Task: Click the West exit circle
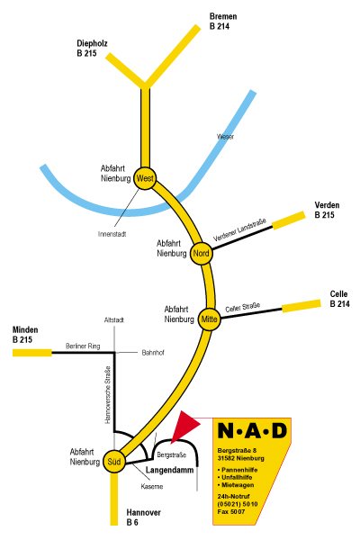(145, 178)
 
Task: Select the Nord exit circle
(201, 254)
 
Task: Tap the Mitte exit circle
(209, 319)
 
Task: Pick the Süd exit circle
(114, 461)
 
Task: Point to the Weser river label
(225, 137)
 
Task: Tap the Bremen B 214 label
(223, 22)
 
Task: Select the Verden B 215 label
(327, 210)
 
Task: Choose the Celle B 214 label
(339, 299)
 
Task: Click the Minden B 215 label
(25, 335)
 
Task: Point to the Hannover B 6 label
(143, 517)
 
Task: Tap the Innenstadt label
(112, 234)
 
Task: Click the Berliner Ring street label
(83, 346)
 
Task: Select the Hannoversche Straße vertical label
(107, 395)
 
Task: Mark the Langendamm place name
(169, 470)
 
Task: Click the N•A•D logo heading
(253, 430)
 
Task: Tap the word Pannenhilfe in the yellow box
(238, 470)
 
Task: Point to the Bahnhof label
(153, 353)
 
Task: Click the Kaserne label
(152, 487)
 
